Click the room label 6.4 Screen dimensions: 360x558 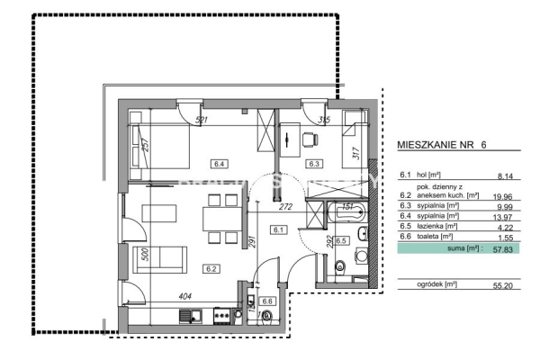218,163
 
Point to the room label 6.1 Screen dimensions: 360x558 279,230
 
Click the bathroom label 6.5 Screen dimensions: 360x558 341,241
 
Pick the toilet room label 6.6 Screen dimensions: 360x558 266,301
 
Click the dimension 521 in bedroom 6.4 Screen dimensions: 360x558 202,121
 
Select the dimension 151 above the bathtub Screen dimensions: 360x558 346,206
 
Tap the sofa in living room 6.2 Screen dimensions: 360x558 160,260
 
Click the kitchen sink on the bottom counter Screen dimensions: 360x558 190,315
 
